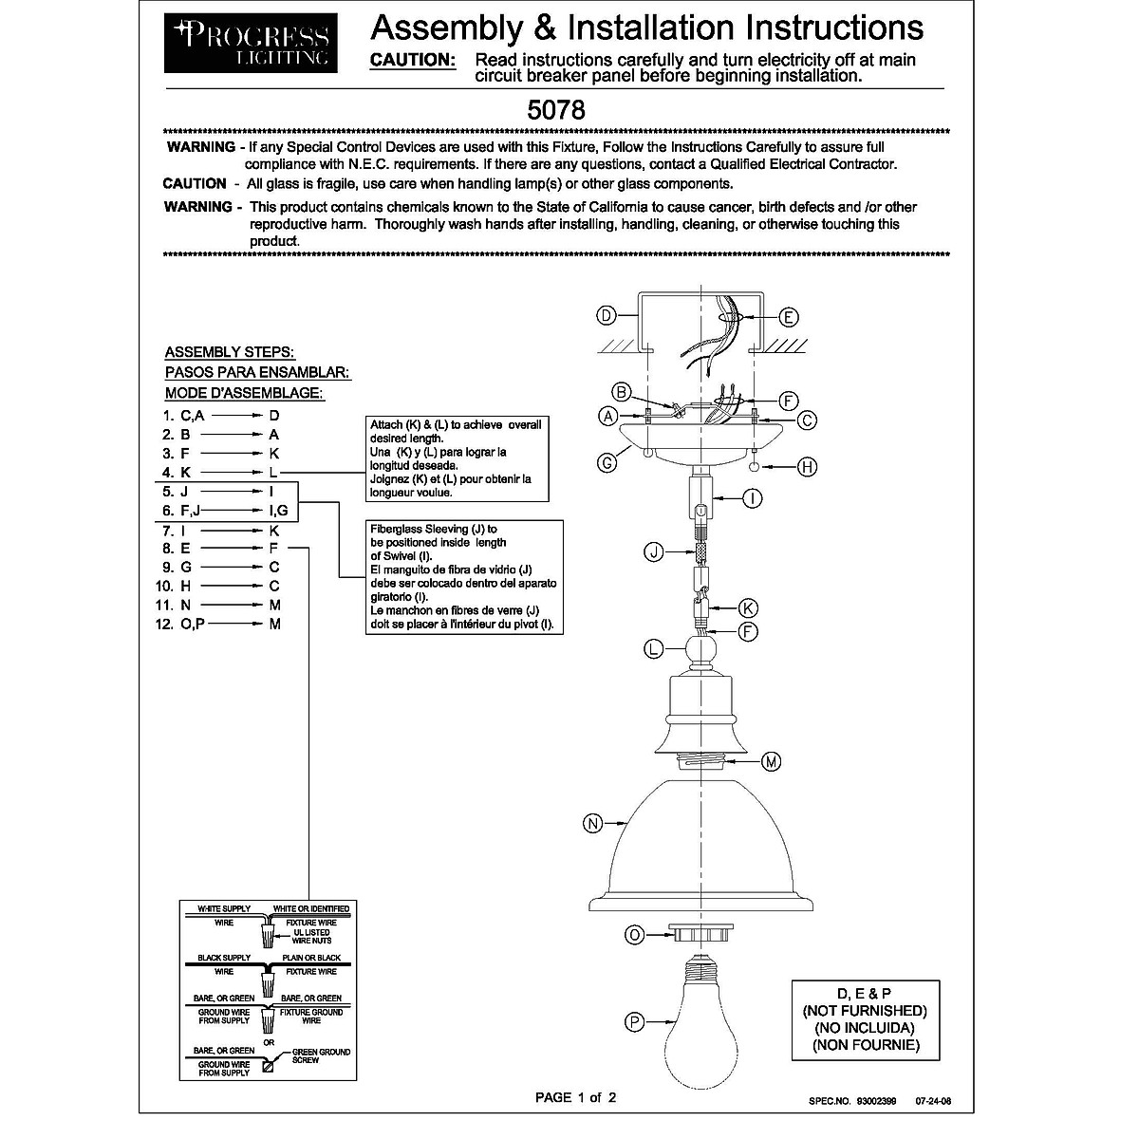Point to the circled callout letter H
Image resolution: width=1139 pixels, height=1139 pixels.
[808, 466]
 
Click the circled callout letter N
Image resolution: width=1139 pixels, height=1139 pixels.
[592, 824]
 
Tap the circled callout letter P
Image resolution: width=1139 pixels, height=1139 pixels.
[635, 1021]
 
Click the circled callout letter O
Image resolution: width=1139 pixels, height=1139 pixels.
[635, 935]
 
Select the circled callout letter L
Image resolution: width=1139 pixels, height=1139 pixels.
[653, 649]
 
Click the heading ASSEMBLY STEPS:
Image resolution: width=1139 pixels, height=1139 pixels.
[229, 352]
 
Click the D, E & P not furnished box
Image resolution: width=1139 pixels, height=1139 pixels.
[865, 1019]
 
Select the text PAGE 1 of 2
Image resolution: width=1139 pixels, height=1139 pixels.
[576, 1098]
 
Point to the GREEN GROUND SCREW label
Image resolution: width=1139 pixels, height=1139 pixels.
[321, 1055]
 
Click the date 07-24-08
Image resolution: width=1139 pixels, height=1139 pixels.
[932, 1102]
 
